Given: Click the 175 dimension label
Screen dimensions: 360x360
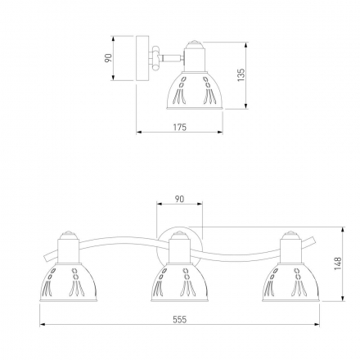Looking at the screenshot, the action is click(180, 127).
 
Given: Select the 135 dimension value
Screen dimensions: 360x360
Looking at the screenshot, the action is click(241, 75).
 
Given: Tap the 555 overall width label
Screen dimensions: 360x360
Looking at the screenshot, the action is click(180, 319).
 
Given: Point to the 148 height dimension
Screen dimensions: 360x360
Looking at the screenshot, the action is click(338, 263).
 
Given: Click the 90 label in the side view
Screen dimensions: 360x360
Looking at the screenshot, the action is click(109, 58).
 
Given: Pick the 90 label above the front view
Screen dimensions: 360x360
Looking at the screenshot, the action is click(179, 199).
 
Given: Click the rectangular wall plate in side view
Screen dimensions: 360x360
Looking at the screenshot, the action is click(142, 58).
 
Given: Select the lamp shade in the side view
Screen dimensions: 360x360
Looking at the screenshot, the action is click(195, 91).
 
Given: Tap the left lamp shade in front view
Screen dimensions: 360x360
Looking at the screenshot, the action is click(69, 282).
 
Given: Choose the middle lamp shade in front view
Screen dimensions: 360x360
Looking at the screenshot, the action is click(179, 282).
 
